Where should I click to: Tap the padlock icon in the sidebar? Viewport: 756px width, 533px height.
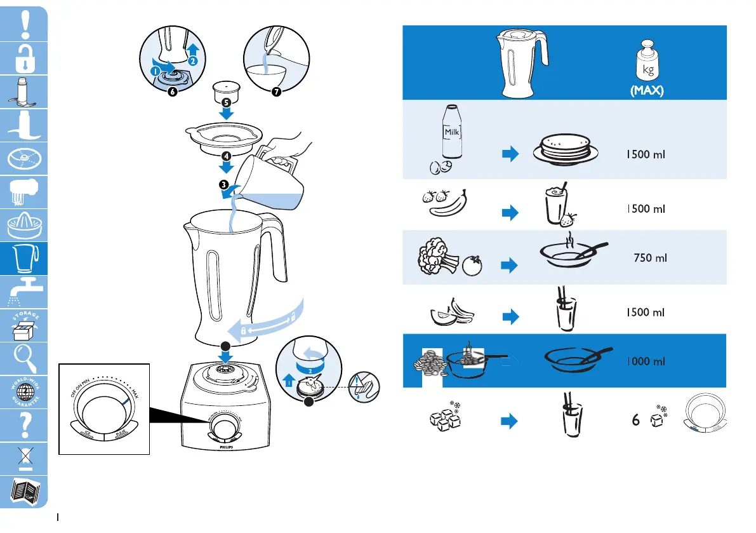24,58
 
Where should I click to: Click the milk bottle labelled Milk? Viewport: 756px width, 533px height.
451,134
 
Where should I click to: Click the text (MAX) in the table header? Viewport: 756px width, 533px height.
646,91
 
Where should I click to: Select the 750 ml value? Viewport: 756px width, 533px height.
650,258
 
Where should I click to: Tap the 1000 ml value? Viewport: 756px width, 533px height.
646,361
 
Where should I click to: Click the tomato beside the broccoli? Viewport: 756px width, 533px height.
473,266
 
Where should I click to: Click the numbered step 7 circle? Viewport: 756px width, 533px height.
276,92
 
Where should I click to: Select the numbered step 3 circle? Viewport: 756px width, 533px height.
224,184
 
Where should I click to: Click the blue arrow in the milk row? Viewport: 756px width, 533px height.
510,156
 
